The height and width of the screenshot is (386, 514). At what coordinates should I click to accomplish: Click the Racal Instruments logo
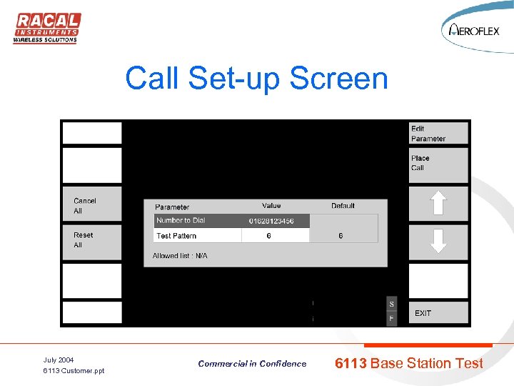click(47, 27)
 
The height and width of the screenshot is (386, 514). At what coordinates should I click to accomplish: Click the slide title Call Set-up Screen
click(256, 78)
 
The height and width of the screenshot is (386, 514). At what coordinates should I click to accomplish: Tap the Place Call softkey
click(438, 164)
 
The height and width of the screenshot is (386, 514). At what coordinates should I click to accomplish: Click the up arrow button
click(438, 204)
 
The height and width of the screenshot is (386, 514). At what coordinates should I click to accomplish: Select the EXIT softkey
click(438, 313)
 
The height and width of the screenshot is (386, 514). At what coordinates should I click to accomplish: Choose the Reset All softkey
click(91, 240)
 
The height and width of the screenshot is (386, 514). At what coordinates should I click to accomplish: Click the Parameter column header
click(172, 207)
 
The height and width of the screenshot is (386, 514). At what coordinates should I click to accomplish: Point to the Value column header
click(271, 206)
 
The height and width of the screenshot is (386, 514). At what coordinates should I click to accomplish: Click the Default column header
click(343, 206)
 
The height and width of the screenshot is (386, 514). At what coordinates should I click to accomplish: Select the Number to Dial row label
click(181, 221)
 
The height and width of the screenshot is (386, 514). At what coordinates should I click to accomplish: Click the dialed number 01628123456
click(271, 222)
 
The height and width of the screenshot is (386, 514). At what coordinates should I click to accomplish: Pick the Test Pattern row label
click(176, 236)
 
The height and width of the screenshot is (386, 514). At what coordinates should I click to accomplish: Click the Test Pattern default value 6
click(341, 236)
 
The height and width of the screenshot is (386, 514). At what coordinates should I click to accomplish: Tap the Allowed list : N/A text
click(180, 256)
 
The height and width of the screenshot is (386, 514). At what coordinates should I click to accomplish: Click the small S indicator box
click(391, 305)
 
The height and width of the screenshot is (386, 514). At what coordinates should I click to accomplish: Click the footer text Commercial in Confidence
click(252, 364)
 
